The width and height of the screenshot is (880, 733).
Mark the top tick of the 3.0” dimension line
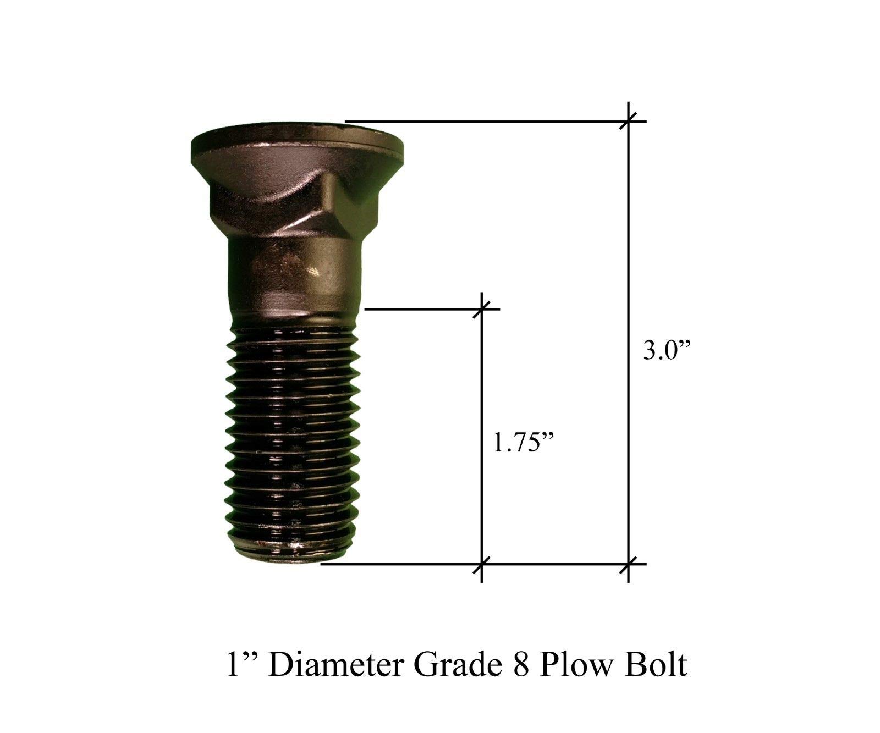[x=629, y=120]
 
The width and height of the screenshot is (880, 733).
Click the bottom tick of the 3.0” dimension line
[x=629, y=564]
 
